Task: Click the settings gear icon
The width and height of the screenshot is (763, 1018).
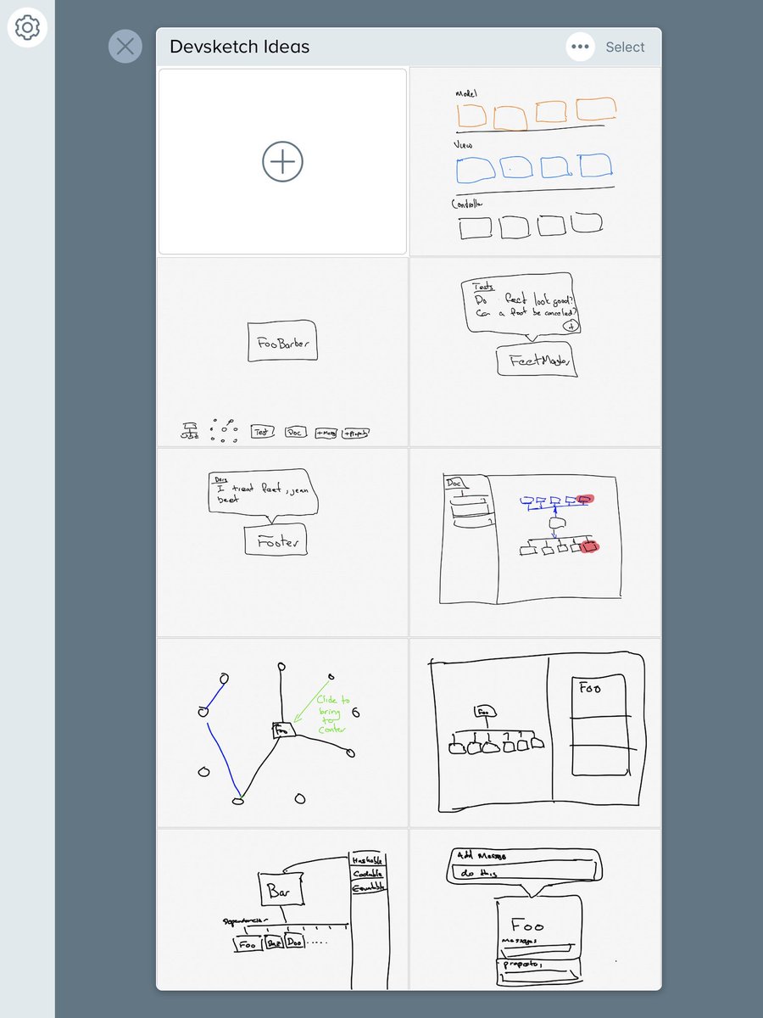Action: coord(27,28)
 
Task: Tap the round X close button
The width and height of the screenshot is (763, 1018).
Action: coord(125,46)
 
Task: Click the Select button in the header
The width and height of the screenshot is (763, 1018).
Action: coord(625,48)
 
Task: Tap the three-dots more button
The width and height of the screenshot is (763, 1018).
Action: coord(580,48)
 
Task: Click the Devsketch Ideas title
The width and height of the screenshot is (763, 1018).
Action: coord(239,48)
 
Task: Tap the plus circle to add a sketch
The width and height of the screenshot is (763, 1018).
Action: coord(282,161)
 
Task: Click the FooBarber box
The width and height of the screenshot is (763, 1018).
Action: coord(282,343)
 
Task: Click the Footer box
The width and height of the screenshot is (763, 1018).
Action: coord(275,540)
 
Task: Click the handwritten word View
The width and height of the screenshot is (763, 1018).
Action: coord(464,145)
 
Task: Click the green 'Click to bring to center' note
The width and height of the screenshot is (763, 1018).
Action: coord(331,714)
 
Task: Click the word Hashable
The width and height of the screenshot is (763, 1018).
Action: coord(367,859)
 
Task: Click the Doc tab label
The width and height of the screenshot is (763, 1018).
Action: coord(456,484)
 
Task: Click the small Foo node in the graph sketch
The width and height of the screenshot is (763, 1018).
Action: coord(283,728)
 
